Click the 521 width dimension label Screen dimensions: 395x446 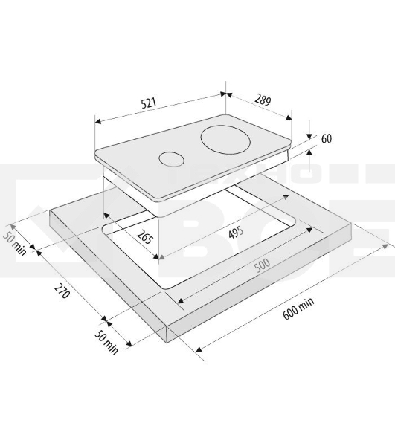coord(149,103)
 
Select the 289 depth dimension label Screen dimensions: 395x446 coord(263,100)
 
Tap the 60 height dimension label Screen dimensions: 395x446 coord(327,139)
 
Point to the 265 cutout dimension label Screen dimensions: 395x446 coord(144,236)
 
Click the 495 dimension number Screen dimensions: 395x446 coord(237,232)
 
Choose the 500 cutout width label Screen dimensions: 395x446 coord(262,265)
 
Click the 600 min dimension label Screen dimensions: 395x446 coord(298,308)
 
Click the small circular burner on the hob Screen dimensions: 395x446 coord(171,159)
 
